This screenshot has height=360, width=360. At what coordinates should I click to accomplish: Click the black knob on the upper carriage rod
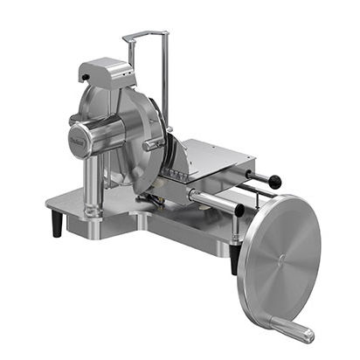coord(275,182)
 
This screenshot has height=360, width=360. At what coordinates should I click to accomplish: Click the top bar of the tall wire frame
coord(145,35)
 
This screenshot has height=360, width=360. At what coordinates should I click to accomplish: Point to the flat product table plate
coord(214,157)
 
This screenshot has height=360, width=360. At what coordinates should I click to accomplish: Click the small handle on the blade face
coord(154,143)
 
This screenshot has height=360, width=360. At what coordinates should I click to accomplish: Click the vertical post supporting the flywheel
coord(236,236)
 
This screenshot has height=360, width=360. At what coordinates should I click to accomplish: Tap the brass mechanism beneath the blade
coord(162,188)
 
